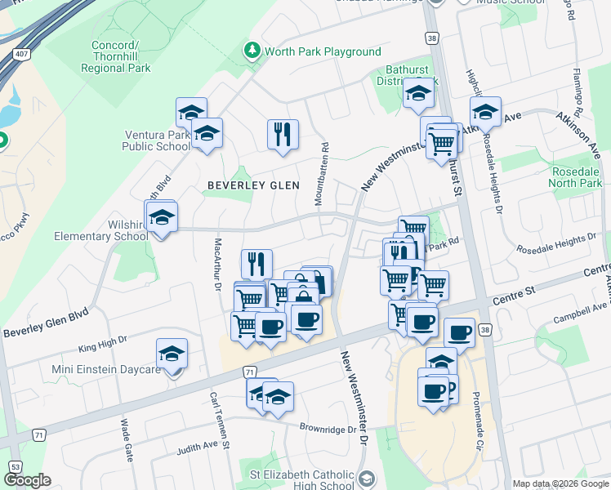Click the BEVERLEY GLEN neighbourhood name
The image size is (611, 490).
point(248,185)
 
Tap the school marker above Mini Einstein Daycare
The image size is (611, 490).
point(172,354)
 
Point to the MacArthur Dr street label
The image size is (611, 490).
point(217,264)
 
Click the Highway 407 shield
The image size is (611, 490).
point(19,55)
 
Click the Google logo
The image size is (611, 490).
point(27,480)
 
